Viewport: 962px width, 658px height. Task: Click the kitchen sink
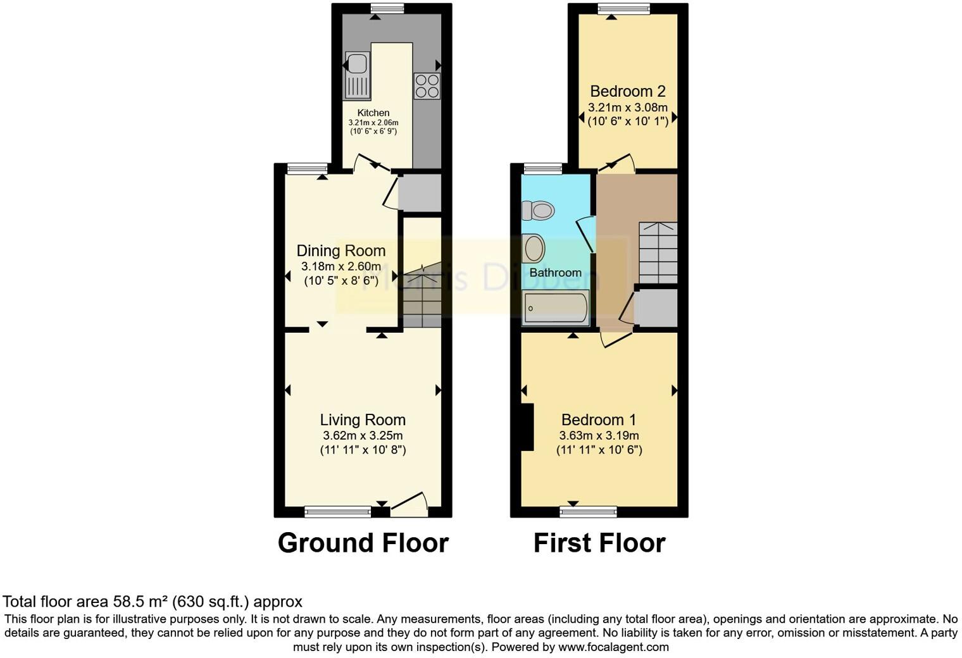point(357,75)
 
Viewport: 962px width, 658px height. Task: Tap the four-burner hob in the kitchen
point(427,86)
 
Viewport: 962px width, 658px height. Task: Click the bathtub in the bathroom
point(556,308)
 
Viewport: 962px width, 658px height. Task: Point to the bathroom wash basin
point(535,248)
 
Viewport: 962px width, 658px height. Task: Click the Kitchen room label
point(373,113)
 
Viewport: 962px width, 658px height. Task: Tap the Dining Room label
point(341,251)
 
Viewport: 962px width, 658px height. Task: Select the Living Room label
point(363,420)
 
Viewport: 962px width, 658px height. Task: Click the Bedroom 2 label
point(628,92)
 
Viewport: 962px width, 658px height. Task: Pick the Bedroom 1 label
point(599,420)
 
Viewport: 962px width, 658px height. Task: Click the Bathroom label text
point(555,273)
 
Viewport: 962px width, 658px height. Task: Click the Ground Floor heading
point(363,543)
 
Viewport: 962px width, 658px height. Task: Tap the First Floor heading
point(599,543)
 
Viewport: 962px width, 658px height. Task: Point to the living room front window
point(338,511)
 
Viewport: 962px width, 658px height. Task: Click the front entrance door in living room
point(409,502)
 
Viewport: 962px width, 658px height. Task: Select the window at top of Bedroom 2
point(623,8)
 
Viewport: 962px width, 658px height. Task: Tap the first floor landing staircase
point(658,253)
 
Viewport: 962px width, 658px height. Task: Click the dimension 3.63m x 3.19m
point(599,436)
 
